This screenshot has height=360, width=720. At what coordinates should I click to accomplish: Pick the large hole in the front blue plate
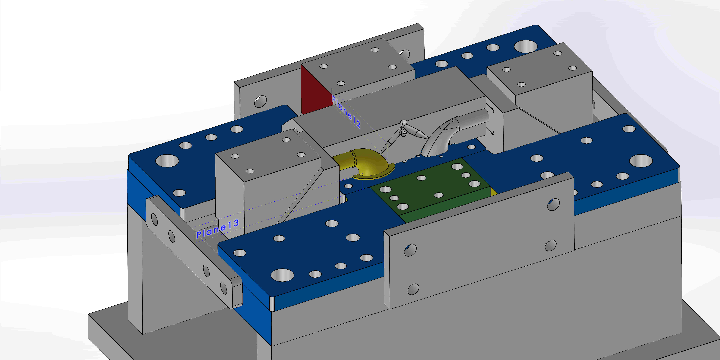pos(282,275)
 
